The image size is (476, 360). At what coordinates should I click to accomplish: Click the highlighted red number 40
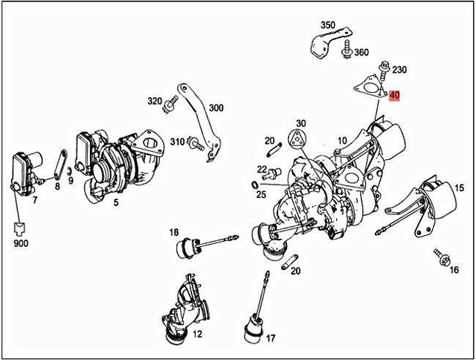[394, 95]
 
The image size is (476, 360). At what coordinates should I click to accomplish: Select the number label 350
[328, 25]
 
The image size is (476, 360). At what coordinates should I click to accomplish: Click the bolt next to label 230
[383, 74]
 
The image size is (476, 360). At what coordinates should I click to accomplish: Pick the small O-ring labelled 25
[255, 183]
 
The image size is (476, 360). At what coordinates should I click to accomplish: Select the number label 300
[216, 108]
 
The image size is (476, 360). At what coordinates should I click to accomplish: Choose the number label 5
[115, 201]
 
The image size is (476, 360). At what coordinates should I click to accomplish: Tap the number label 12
[197, 335]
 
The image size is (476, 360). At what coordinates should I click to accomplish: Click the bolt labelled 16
[441, 257]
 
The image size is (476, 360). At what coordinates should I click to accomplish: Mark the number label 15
[460, 188]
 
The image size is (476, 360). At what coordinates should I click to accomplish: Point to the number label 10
[342, 139]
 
